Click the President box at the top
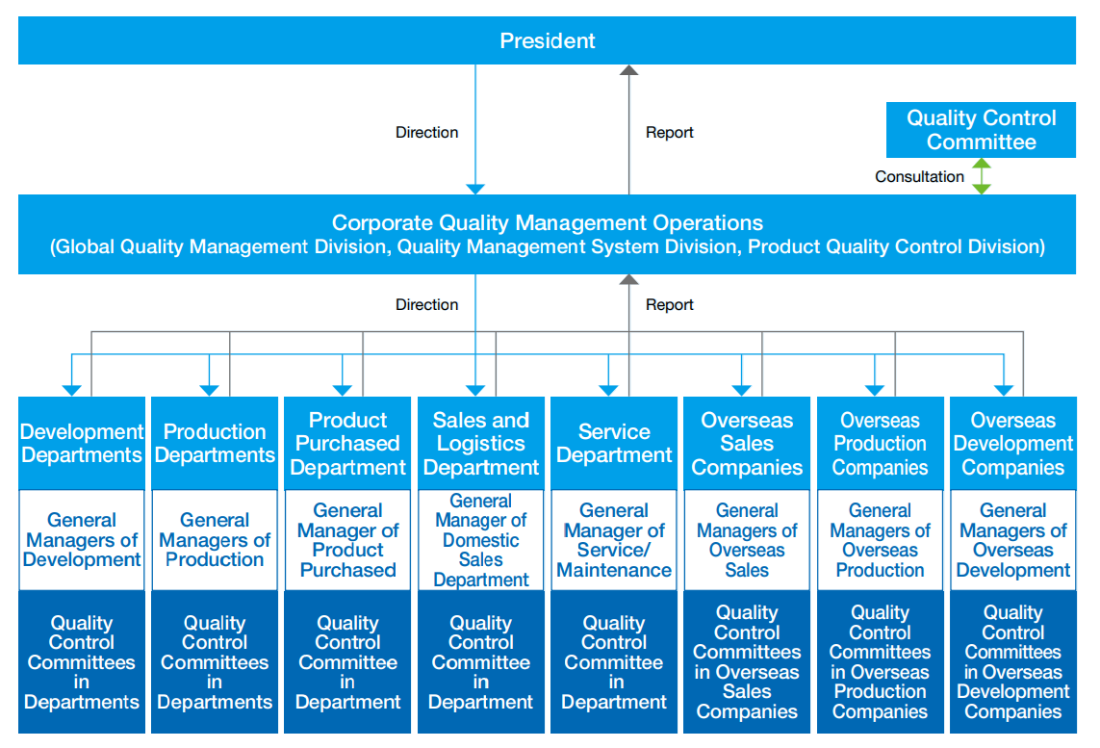tap(548, 40)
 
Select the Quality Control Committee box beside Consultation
tap(981, 130)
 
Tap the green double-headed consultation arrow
tap(982, 176)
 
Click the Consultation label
tap(919, 177)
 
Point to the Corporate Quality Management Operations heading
tap(548, 222)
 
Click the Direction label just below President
tap(426, 132)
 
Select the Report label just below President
tap(669, 132)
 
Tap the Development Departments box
tap(82, 444)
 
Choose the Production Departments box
tap(215, 444)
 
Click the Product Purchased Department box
tap(347, 444)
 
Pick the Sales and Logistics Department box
tap(480, 444)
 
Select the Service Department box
tap(614, 444)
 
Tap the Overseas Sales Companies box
tap(747, 444)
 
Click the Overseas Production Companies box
tap(880, 444)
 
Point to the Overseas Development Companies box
tap(1013, 444)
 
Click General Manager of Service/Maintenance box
tap(614, 540)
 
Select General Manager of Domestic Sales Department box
tap(480, 540)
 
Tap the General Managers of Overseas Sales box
tap(747, 540)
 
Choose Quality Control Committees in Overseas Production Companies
tap(880, 661)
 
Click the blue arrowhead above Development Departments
tap(71, 390)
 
